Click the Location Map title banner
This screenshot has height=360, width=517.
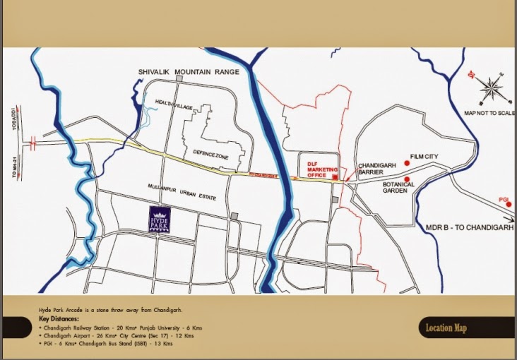pos(446,328)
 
